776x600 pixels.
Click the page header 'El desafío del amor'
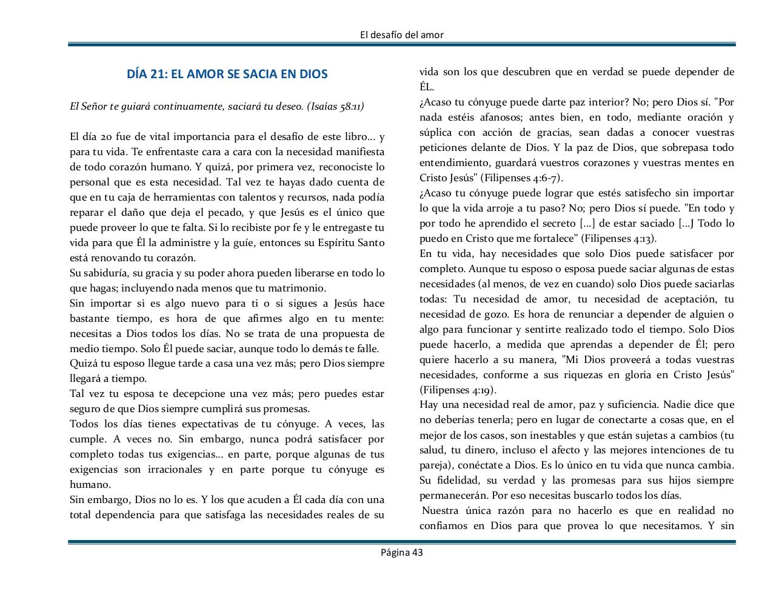(401, 35)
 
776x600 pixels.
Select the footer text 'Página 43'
(401, 552)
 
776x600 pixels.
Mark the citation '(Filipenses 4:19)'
(458, 390)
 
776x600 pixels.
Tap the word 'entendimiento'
(453, 162)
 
